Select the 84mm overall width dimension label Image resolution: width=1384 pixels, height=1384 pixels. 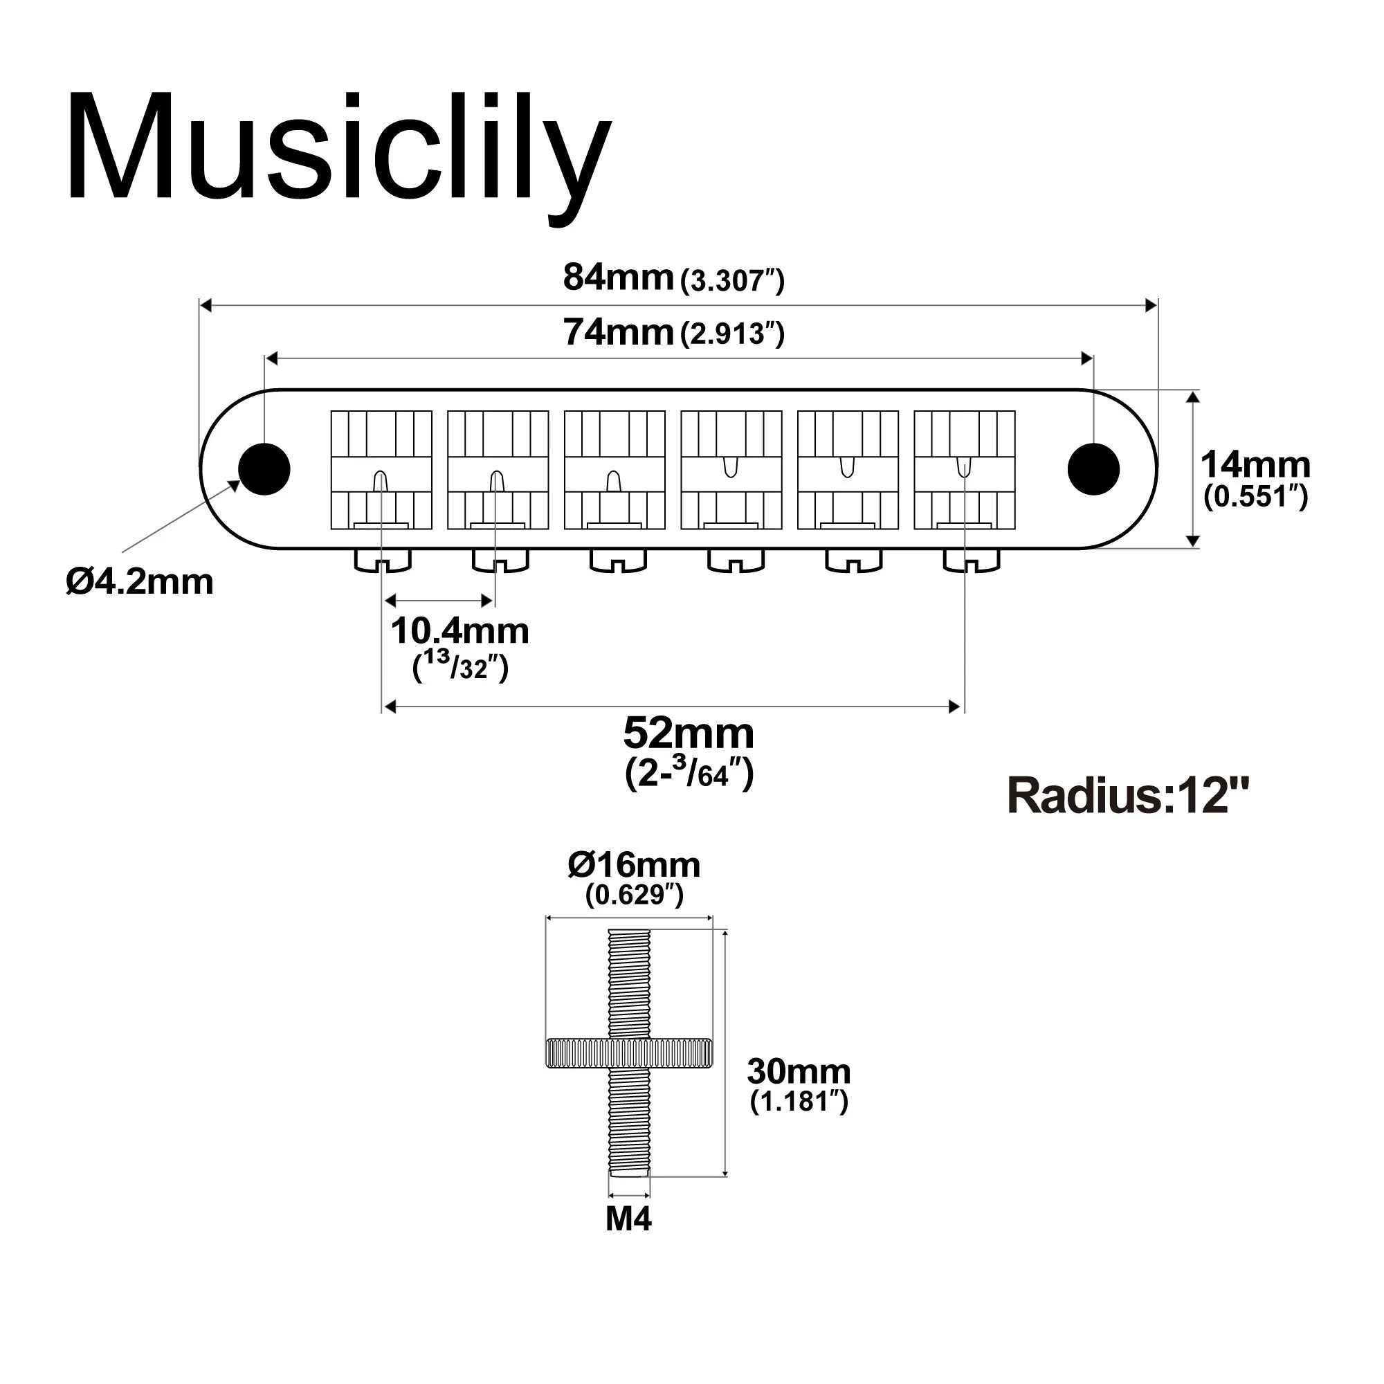(673, 279)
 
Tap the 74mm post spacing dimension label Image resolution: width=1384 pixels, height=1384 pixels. (673, 333)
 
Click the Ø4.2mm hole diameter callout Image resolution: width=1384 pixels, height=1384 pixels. (140, 583)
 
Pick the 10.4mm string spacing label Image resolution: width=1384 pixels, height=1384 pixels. (459, 632)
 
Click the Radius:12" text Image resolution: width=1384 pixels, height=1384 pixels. (1128, 796)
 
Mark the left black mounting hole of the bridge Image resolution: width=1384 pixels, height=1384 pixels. (264, 469)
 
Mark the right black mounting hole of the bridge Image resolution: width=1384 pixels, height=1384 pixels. (1093, 469)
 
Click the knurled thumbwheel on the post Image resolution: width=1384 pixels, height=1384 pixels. (629, 1052)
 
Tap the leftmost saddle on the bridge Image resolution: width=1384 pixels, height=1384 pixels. (381, 470)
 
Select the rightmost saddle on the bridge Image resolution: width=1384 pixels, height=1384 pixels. (964, 470)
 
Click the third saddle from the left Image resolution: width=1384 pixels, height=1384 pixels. (614, 470)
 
